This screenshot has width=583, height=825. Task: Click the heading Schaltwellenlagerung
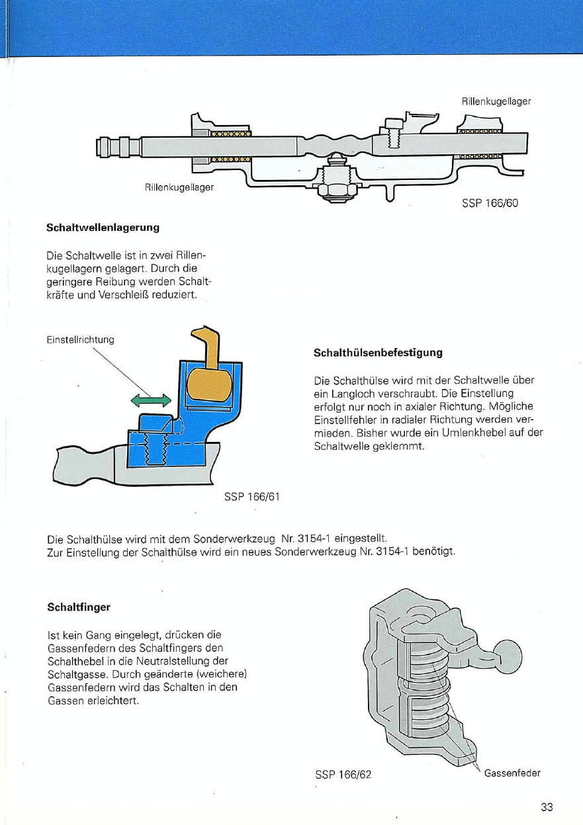pyautogui.click(x=103, y=228)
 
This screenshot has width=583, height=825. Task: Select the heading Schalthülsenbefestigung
pyautogui.click(x=377, y=353)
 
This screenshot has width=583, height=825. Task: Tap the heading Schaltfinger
pyautogui.click(x=79, y=606)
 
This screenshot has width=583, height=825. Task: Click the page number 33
pyautogui.click(x=547, y=806)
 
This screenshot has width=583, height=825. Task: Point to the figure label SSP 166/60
pyautogui.click(x=490, y=203)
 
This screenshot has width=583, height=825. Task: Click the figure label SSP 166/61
pyautogui.click(x=252, y=496)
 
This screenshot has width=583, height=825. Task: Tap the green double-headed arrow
pyautogui.click(x=151, y=399)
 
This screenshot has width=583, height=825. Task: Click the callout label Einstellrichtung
pyautogui.click(x=80, y=340)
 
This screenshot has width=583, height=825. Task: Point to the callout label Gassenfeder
pyautogui.click(x=513, y=773)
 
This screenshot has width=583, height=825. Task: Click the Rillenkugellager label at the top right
pyautogui.click(x=496, y=101)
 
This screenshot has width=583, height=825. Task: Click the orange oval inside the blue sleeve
pyautogui.click(x=210, y=388)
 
